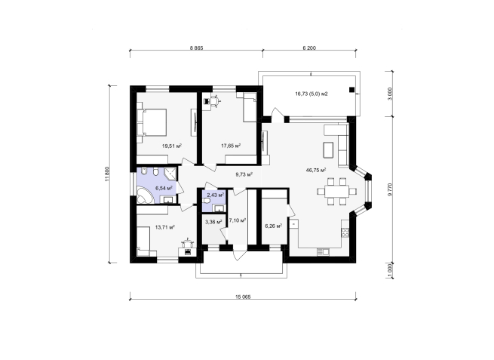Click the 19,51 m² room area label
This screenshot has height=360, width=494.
coord(172,146)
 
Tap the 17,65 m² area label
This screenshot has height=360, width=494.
coord(231,146)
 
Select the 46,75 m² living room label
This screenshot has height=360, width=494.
coord(316,170)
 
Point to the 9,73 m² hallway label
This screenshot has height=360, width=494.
coord(244,174)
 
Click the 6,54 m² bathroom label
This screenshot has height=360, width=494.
coord(164,188)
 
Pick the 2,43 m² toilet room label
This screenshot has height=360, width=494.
coord(216,195)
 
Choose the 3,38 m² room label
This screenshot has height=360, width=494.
coord(213,222)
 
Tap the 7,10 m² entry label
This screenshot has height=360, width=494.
coord(238,220)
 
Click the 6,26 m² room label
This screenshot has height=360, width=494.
coord(274,226)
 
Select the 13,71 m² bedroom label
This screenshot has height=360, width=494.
coord(165,226)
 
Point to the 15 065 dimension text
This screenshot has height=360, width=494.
coord(243,297)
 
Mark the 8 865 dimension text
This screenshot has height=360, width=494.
coord(196,48)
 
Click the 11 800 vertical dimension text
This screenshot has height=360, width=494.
coord(107,174)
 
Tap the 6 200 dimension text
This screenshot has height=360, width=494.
coord(309,48)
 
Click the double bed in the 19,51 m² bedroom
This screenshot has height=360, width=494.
coord(152,122)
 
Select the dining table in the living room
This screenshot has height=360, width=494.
coord(337,192)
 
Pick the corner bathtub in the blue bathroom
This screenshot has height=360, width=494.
coord(145,195)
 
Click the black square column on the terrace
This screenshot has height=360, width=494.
coord(351,90)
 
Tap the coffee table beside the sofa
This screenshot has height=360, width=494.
coord(328,149)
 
